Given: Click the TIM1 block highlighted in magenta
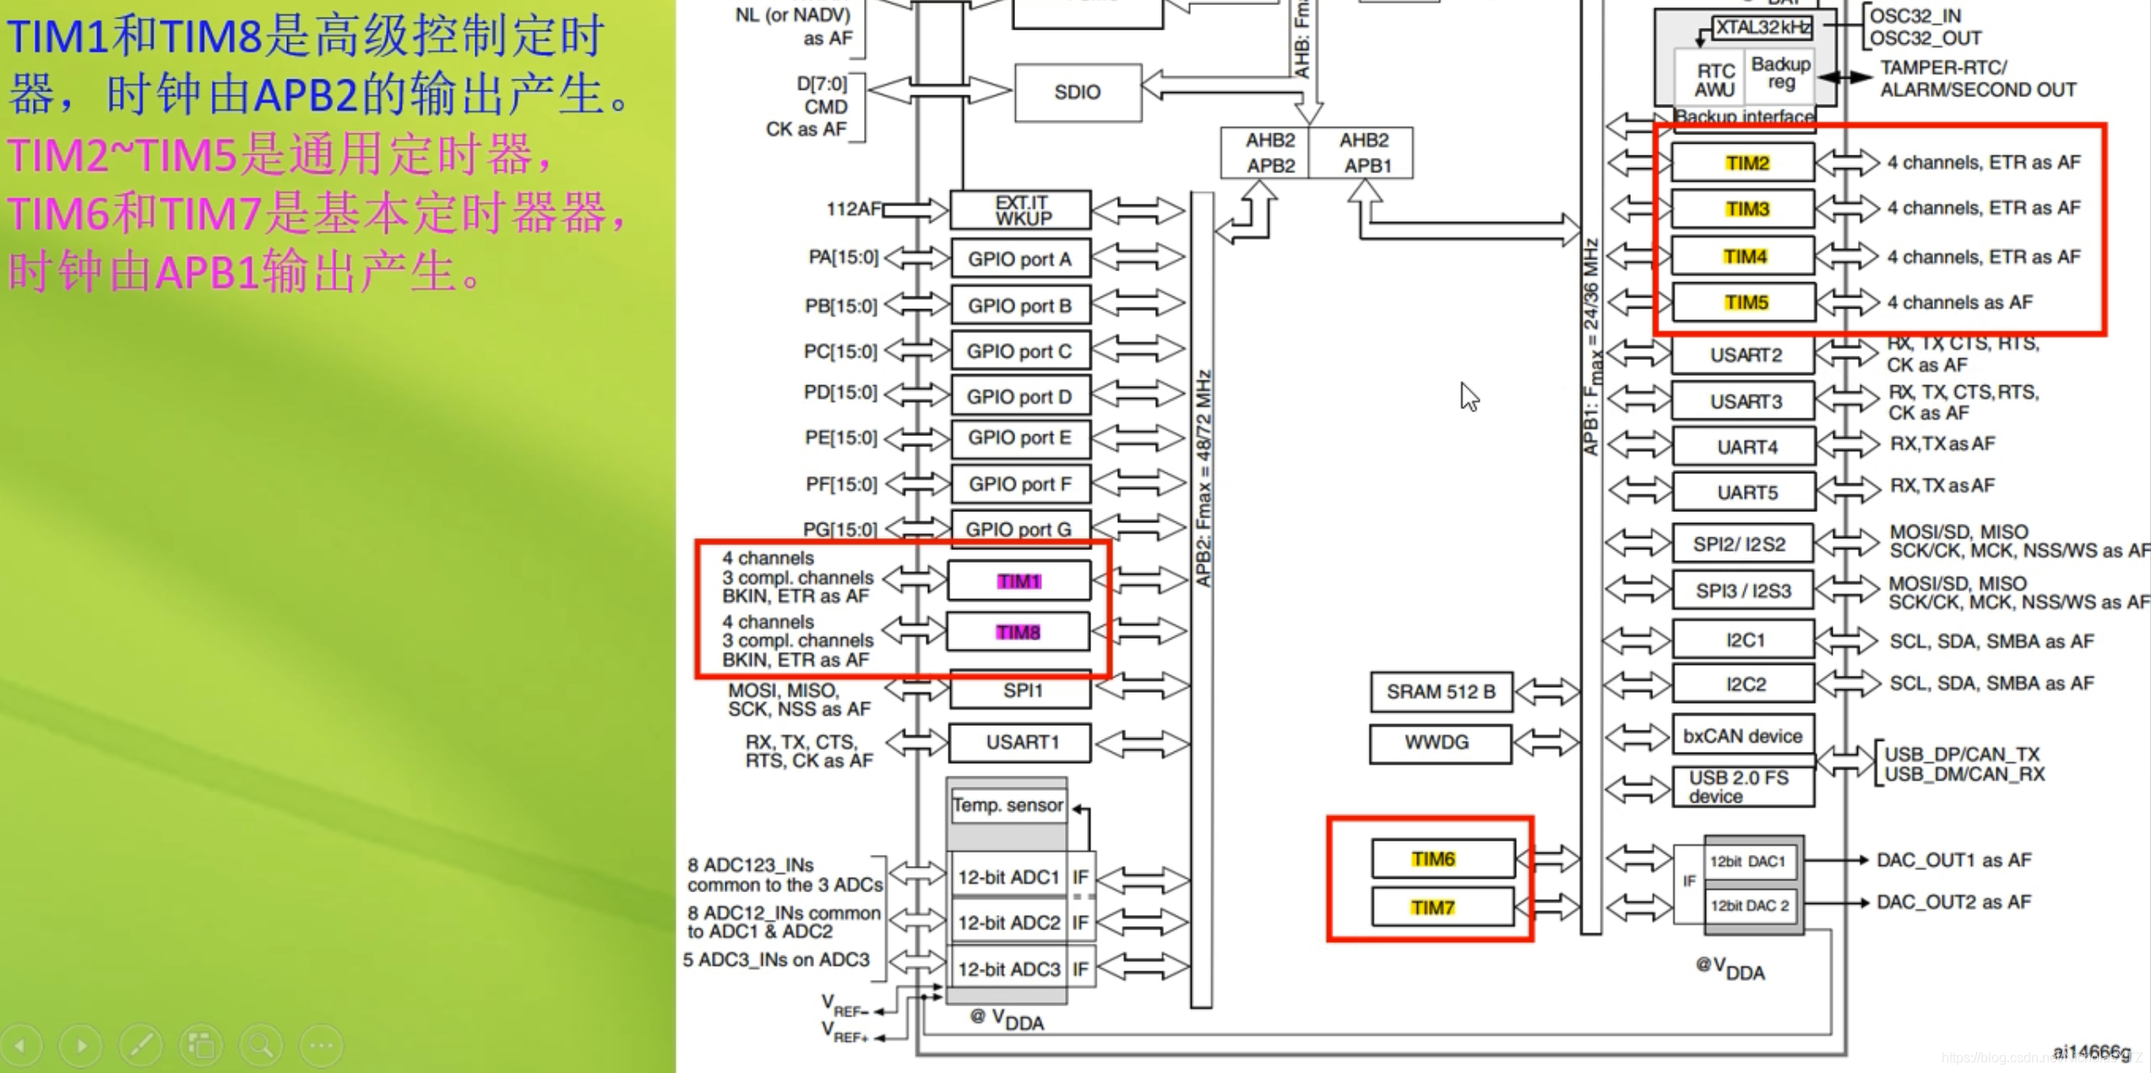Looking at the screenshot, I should click(x=1018, y=581).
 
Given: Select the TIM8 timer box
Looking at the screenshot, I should click(x=1018, y=632).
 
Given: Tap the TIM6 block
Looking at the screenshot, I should click(x=1442, y=859).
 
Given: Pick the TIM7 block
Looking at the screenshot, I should click(x=1442, y=907).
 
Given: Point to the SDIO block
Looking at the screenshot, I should click(x=1077, y=92).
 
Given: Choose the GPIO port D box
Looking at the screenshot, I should click(x=1019, y=396).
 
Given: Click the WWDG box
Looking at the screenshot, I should click(x=1439, y=743).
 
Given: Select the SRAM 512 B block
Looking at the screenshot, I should click(x=1441, y=692).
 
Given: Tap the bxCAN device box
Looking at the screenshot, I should click(x=1742, y=736).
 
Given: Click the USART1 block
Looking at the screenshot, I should click(x=1021, y=743).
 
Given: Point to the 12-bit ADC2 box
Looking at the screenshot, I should click(x=1008, y=923).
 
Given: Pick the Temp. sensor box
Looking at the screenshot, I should click(x=1008, y=805).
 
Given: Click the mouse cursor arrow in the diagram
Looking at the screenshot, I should click(x=1469, y=396).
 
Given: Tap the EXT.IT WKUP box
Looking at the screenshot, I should click(x=1020, y=210).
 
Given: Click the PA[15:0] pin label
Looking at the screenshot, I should click(x=843, y=257).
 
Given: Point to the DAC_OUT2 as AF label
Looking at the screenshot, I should click(x=1953, y=902).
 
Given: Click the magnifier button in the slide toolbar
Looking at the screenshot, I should click(x=262, y=1046).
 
